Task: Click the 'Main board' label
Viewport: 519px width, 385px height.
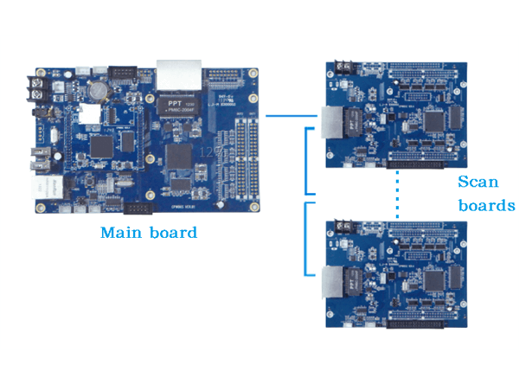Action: [148, 233]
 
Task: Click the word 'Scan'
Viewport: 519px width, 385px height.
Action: [478, 182]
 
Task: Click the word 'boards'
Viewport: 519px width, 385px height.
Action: [486, 206]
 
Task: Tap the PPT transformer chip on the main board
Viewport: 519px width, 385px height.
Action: [176, 105]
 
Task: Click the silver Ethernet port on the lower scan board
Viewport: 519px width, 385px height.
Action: [331, 282]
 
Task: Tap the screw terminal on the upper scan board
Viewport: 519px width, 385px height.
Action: [343, 66]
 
